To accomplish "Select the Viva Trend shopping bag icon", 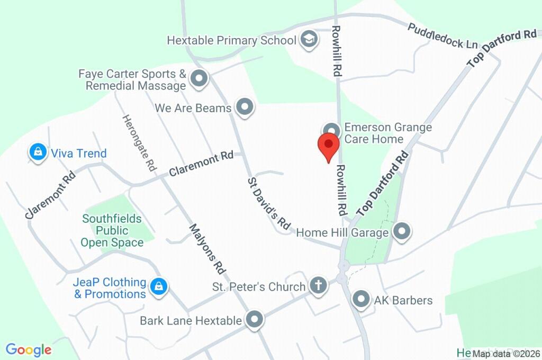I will [x=37, y=153].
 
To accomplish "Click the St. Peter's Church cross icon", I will [x=318, y=285].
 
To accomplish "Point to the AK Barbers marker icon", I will [x=361, y=299].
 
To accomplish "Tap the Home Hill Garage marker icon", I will [x=402, y=231].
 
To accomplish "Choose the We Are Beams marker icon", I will [x=245, y=107].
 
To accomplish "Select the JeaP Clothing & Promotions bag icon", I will [x=158, y=287].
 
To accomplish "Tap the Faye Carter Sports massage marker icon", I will [x=198, y=79].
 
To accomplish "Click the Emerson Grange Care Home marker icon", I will [x=331, y=130].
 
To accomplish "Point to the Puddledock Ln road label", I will [x=442, y=36].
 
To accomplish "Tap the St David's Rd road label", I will [x=269, y=204].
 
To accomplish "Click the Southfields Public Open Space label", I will [x=112, y=231].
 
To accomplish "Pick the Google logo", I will [x=29, y=350].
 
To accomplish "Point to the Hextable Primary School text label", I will [x=231, y=40].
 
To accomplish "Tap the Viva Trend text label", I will [x=79, y=154].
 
